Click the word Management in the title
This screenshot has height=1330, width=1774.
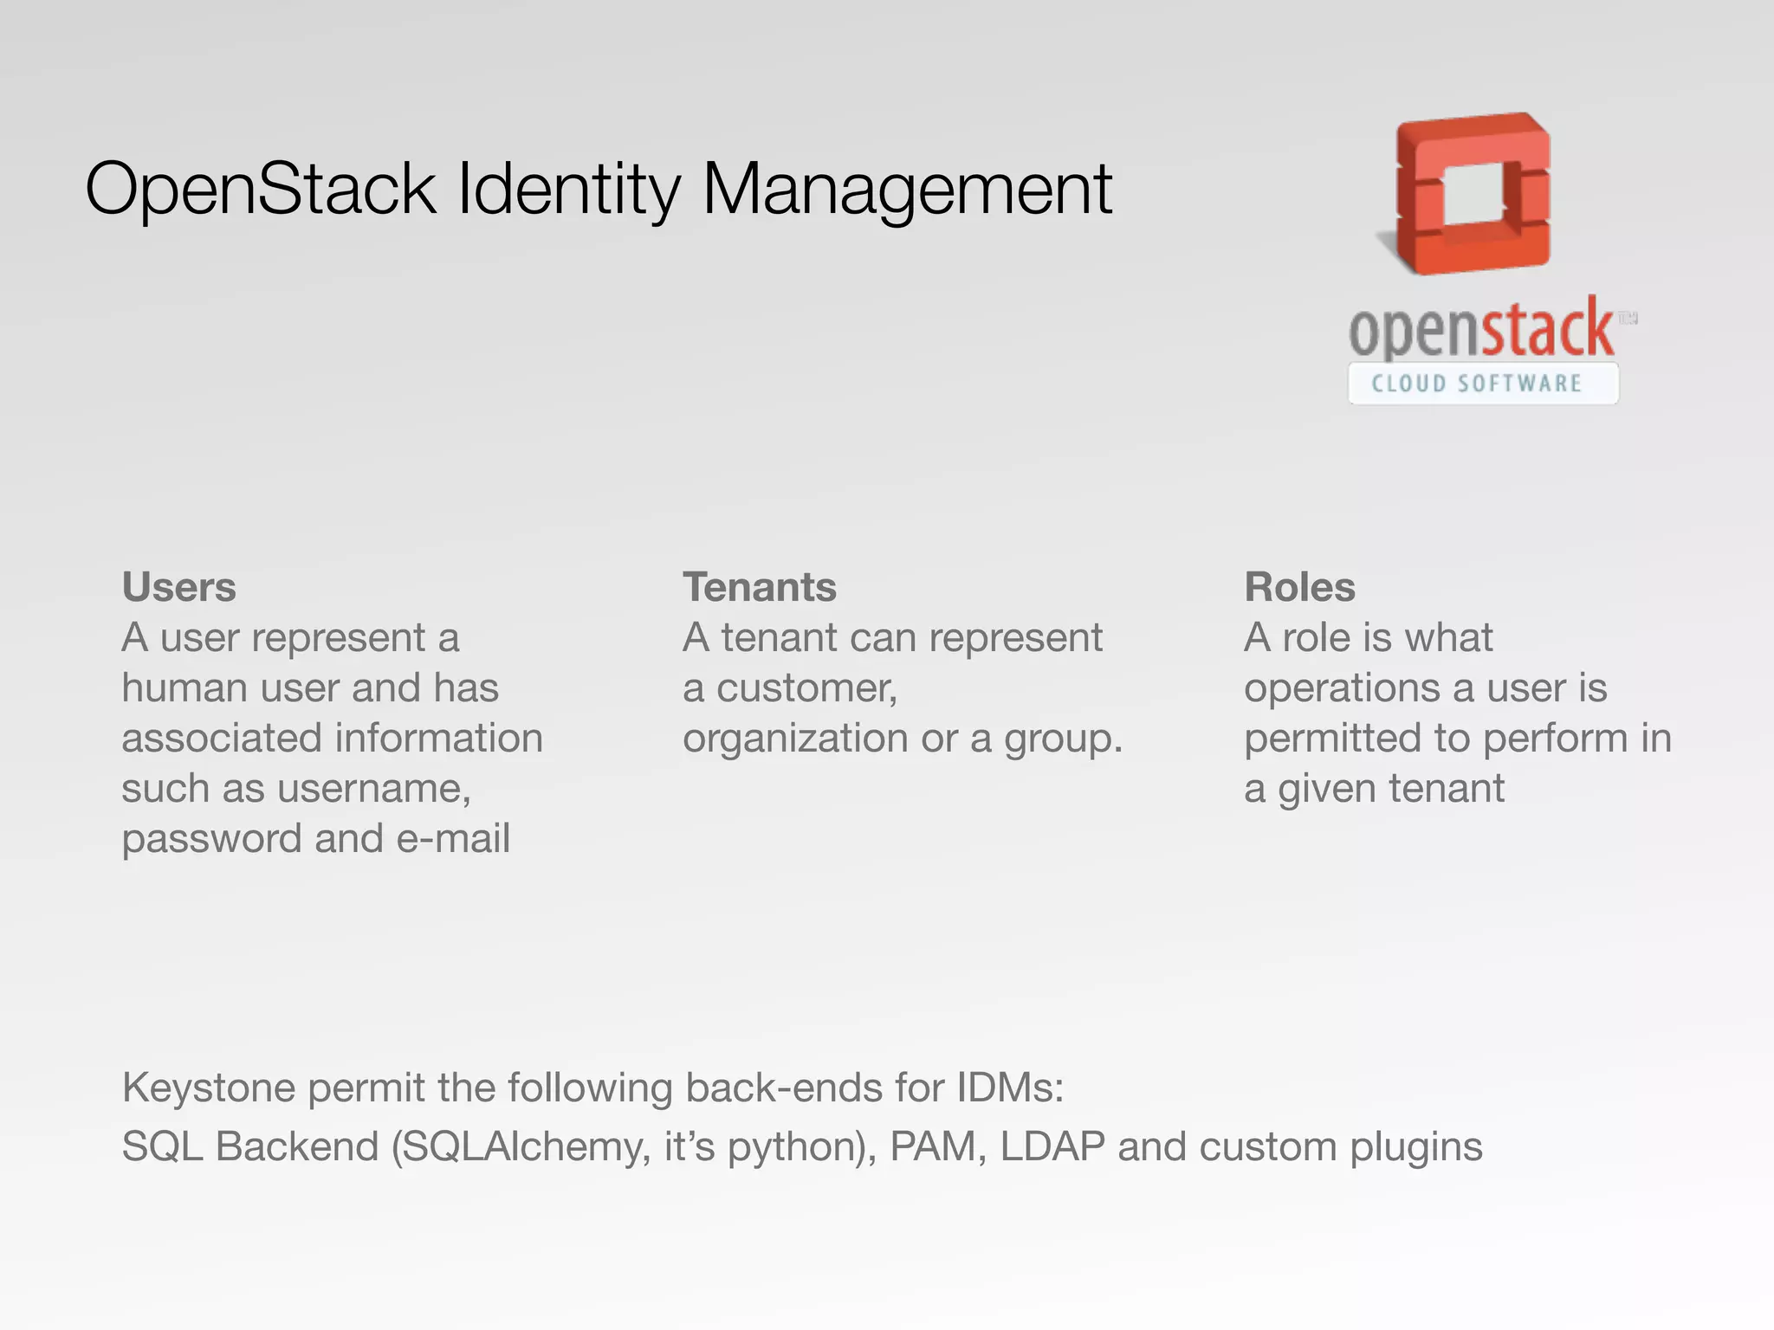[x=907, y=189]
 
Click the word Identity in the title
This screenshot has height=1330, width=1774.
[x=569, y=189]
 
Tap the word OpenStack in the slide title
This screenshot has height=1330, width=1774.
[x=260, y=189]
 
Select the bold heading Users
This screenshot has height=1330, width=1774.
[x=178, y=587]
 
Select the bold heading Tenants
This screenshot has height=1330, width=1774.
[x=760, y=587]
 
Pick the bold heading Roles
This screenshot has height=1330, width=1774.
[x=1299, y=587]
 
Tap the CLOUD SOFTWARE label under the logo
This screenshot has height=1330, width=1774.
[x=1477, y=384]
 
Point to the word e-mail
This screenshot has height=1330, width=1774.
[x=453, y=838]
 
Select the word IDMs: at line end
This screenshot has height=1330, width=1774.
[x=1010, y=1088]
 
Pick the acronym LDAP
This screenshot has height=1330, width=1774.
[x=1052, y=1146]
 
